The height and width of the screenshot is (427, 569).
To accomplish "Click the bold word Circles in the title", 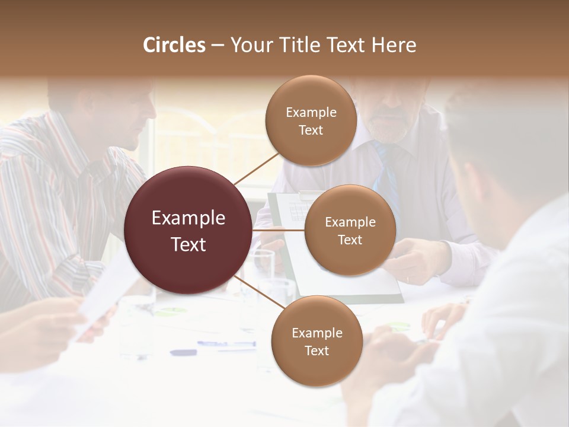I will click(174, 45).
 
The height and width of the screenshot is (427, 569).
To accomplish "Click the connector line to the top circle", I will click(256, 168).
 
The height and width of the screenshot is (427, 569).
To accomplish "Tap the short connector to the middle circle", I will click(279, 230).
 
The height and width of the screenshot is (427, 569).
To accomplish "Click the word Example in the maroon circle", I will click(188, 218).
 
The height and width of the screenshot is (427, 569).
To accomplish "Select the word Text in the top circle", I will click(311, 130).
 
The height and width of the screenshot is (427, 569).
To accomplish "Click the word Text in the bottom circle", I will click(317, 350).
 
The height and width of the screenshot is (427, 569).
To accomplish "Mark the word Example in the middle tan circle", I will click(350, 222).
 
